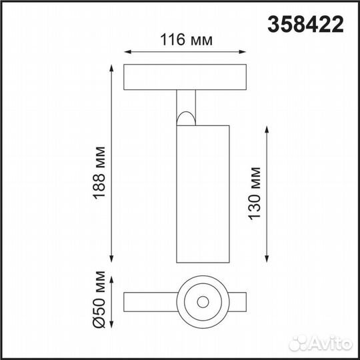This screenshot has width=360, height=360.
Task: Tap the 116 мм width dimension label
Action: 187,40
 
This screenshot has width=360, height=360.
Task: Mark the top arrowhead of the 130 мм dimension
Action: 267,127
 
